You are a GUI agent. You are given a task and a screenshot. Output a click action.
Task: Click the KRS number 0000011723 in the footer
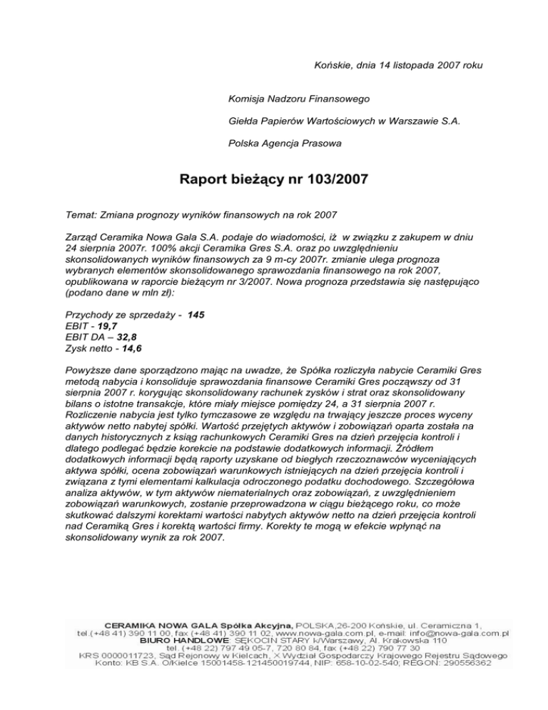(x=136, y=655)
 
